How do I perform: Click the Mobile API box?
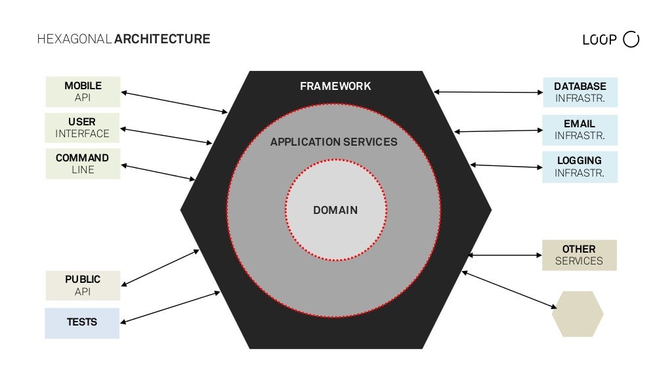tap(83, 92)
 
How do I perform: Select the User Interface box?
tap(83, 127)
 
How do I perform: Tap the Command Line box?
tap(83, 163)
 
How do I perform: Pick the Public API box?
tap(83, 285)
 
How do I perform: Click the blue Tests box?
tap(82, 323)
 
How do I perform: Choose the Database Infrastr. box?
tap(580, 93)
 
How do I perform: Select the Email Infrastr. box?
tap(580, 129)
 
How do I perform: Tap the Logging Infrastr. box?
tap(580, 167)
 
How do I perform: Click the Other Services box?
tap(579, 255)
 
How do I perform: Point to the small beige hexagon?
tap(577, 314)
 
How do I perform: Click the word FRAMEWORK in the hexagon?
tap(335, 86)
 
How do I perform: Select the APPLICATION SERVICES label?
tap(334, 142)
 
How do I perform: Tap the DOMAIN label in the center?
tap(335, 210)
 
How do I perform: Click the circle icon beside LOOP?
tap(631, 39)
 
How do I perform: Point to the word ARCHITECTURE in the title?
tap(162, 39)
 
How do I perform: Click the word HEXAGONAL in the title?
tap(75, 39)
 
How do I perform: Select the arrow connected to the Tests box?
tap(171, 307)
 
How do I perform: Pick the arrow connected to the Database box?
tap(488, 93)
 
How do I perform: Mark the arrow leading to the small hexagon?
tap(509, 289)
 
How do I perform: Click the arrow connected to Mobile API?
tap(174, 102)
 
